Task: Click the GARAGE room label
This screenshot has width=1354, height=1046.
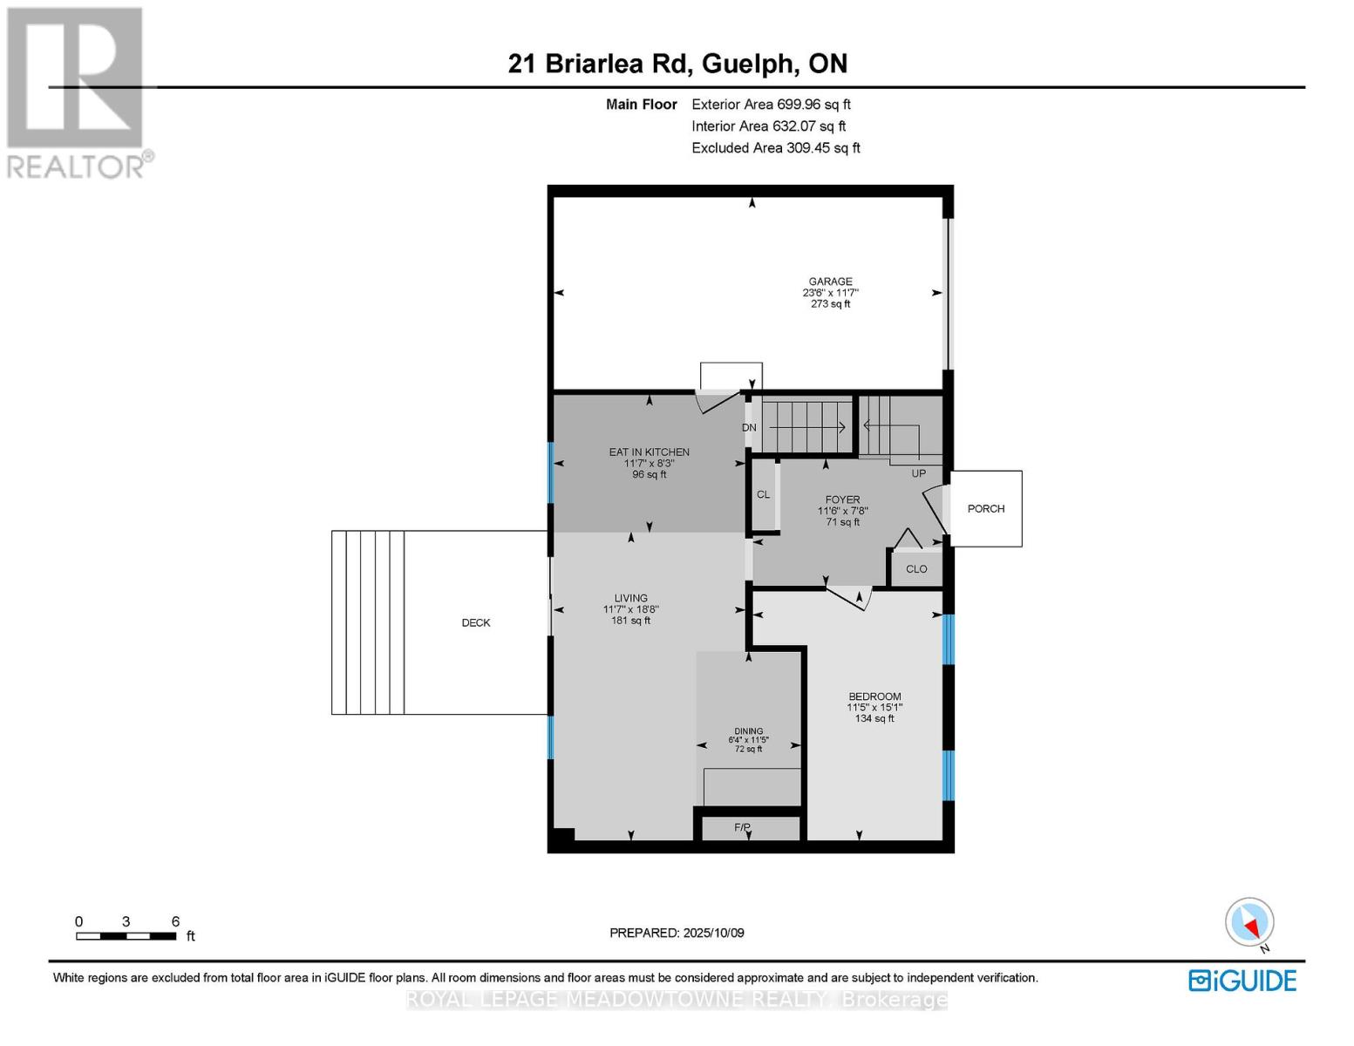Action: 829,282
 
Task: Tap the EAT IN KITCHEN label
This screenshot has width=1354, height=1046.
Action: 649,452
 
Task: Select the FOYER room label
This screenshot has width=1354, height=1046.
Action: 842,499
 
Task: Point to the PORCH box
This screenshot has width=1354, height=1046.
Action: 985,508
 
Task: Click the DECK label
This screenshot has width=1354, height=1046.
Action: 476,622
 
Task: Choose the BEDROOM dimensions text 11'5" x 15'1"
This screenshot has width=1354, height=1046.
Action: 874,708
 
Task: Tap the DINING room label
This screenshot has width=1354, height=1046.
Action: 748,731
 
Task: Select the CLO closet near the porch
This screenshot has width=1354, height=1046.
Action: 915,568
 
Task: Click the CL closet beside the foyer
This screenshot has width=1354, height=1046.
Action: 763,494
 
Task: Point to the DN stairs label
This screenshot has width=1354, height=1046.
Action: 749,427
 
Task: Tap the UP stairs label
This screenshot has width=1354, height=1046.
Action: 918,473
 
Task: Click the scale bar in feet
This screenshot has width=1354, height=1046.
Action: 126,935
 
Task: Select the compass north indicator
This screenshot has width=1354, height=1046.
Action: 1249,922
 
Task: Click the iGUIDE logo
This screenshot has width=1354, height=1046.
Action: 1242,980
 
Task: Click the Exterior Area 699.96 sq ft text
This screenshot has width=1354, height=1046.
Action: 771,104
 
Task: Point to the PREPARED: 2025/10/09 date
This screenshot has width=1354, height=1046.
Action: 677,933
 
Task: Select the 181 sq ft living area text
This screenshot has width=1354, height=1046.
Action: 630,620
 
